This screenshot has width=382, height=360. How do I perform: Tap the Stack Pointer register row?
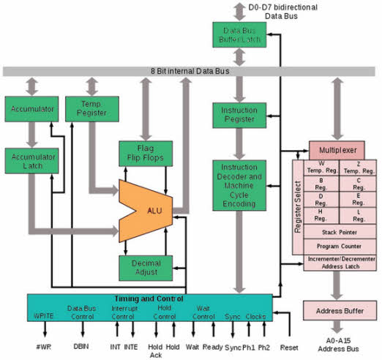[x=339, y=232]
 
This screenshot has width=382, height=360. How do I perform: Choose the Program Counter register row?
[x=339, y=246]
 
